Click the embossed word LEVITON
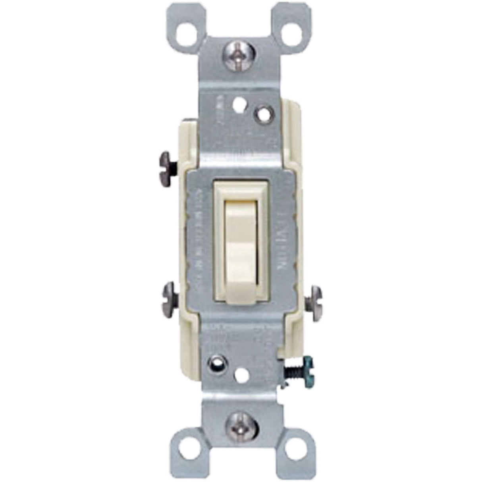pyautogui.click(x=277, y=239)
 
